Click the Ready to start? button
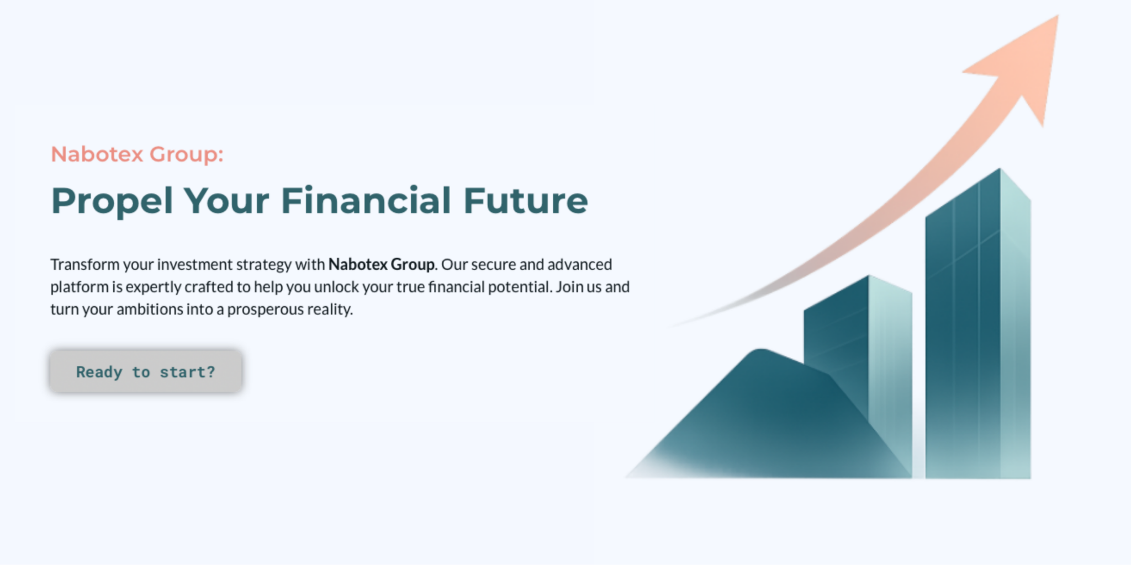point(146,371)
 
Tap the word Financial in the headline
point(366,200)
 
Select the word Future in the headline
point(526,200)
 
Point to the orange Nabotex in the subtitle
point(97,154)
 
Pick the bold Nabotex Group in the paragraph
point(381,265)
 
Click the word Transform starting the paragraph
point(85,265)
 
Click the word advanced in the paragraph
point(580,265)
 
